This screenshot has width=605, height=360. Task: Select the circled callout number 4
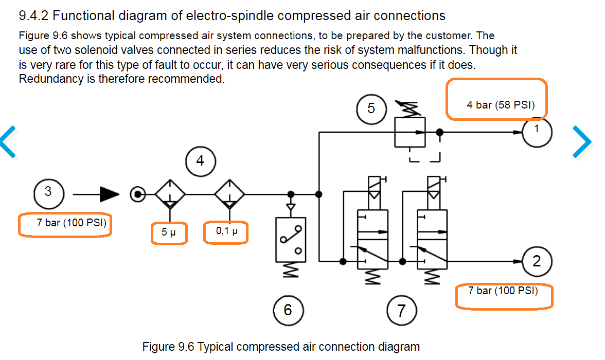click(x=200, y=161)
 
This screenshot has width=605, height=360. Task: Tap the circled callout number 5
click(x=371, y=109)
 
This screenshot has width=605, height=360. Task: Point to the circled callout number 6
click(x=288, y=310)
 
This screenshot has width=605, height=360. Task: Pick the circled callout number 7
click(x=401, y=310)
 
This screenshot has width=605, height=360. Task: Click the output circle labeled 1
click(x=537, y=132)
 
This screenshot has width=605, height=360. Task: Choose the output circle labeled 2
click(x=537, y=261)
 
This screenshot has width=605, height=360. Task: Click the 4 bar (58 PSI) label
click(x=501, y=105)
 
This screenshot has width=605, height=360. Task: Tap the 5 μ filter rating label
click(x=169, y=232)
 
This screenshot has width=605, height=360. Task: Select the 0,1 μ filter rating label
click(x=227, y=231)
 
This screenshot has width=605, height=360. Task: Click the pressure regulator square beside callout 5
click(x=410, y=132)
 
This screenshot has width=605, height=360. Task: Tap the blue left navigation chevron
click(x=9, y=141)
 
